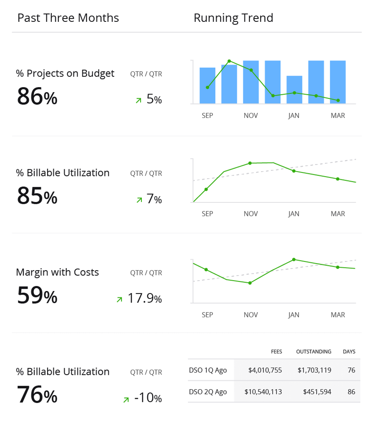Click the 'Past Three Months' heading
click(x=68, y=18)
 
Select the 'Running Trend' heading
click(x=233, y=18)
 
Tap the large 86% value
click(x=37, y=96)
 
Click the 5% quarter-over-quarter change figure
click(x=154, y=100)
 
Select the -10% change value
click(x=148, y=398)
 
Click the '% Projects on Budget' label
click(x=65, y=73)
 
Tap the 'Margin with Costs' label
click(x=58, y=272)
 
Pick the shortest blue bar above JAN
click(x=294, y=90)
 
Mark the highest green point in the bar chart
click(x=229, y=61)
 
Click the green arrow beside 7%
click(x=139, y=200)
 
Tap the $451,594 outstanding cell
click(x=317, y=392)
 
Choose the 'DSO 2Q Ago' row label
click(x=207, y=392)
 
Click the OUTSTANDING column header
click(x=314, y=351)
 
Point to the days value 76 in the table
click(x=351, y=370)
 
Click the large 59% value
click(x=37, y=295)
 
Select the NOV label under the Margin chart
click(x=251, y=314)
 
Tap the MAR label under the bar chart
click(x=338, y=116)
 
